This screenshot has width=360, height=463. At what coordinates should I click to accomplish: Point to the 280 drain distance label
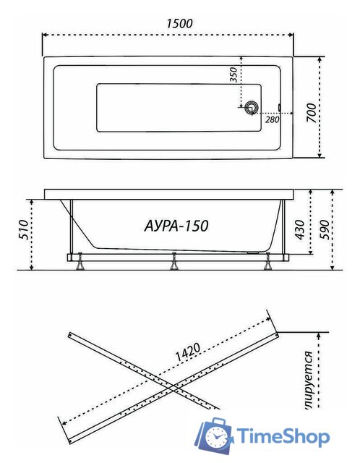(272, 120)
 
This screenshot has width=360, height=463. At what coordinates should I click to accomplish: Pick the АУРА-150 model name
(173, 226)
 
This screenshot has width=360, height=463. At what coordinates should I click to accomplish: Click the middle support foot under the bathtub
(173, 263)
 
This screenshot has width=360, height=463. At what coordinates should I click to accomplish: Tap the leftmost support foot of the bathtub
(77, 263)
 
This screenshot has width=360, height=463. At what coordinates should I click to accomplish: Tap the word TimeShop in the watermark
(285, 436)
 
